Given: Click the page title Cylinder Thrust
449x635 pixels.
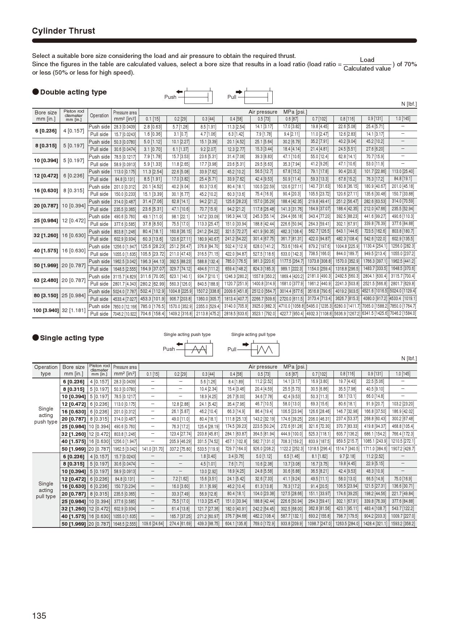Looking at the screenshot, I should point(63,31).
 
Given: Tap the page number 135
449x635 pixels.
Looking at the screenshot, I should point(39,615).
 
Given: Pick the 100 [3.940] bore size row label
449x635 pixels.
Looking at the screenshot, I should point(46,310).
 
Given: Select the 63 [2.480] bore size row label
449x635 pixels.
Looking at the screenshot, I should point(46,280).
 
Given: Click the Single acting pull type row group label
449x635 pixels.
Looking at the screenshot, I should point(46,490).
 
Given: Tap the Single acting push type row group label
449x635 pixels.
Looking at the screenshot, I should point(46,415).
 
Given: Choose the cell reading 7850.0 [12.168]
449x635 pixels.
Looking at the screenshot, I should point(125,307).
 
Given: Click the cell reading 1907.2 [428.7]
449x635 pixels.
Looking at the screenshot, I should point(403,449).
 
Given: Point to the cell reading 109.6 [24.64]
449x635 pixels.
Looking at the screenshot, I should point(152,524).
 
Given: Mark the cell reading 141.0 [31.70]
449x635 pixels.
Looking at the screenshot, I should point(152,449).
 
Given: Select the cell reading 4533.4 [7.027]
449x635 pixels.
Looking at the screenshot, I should point(125,299).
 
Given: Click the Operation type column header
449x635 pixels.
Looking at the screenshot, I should point(46,370).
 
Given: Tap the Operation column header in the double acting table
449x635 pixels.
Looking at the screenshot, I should point(99,116).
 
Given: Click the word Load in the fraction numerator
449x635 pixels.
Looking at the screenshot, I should point(367,60).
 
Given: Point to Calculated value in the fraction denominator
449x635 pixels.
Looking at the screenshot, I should point(367,69).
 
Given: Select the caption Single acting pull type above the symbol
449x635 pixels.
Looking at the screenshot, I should point(253,335).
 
